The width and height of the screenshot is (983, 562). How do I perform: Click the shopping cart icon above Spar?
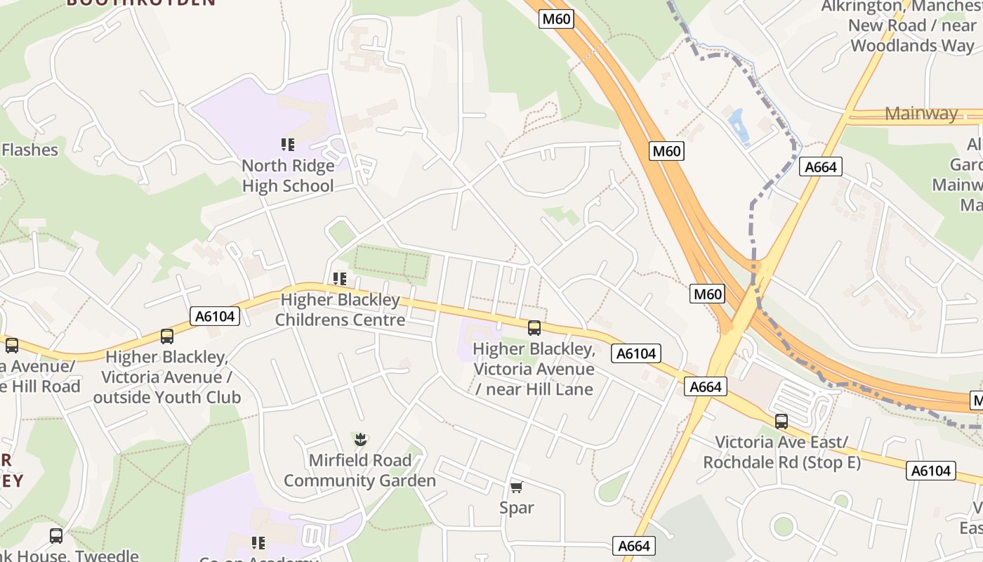pos(516,487)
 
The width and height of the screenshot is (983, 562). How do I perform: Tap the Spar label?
pos(517,507)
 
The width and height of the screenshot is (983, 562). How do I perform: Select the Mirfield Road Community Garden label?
pos(359,471)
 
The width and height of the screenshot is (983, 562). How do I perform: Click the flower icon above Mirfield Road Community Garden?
pos(360,440)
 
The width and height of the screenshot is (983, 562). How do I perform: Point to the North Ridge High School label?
pos(288,176)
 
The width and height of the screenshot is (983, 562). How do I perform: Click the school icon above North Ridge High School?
pos(287,145)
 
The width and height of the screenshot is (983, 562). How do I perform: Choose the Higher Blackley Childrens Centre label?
pos(340,310)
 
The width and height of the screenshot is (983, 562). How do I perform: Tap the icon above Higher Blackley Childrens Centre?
pos(340,279)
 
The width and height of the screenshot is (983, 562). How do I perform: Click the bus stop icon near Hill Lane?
pos(534,327)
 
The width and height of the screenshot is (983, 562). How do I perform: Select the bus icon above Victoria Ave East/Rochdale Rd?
pos(781,421)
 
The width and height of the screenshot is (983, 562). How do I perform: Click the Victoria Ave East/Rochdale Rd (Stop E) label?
pos(781,452)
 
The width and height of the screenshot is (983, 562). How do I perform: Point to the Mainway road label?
pos(921,113)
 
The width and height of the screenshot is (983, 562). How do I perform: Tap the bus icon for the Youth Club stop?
pos(167,336)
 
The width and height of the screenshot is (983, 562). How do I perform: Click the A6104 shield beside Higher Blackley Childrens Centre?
pos(215,317)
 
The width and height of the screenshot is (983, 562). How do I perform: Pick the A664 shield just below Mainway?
pos(820,166)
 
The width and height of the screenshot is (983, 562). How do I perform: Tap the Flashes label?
pos(29,150)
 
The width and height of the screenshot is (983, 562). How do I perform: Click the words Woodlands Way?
pos(913,46)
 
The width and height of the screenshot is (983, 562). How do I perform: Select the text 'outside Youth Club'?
pos(167,398)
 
